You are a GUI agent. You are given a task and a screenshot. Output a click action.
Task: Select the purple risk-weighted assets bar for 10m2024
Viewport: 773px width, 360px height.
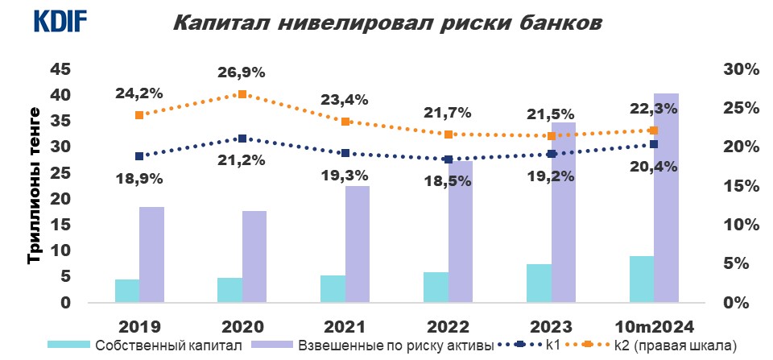click(x=666, y=198)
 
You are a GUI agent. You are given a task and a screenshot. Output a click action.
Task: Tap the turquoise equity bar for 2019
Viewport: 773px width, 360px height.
click(x=127, y=291)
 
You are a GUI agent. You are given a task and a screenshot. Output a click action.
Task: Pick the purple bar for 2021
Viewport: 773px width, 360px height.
click(x=357, y=244)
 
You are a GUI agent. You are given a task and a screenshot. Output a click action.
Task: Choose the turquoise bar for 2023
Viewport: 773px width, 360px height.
click(x=539, y=283)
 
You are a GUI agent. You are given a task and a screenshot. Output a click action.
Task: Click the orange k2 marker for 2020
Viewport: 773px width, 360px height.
click(x=242, y=94)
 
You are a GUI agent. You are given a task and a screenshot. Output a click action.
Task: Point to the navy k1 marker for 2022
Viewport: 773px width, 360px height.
click(x=449, y=159)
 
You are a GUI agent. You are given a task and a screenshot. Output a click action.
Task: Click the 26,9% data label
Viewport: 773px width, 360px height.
click(x=242, y=72)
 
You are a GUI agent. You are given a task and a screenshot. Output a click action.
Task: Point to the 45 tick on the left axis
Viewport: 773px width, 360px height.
click(x=60, y=69)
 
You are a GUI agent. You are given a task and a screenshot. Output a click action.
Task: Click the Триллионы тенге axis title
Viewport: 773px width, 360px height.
click(x=34, y=185)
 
